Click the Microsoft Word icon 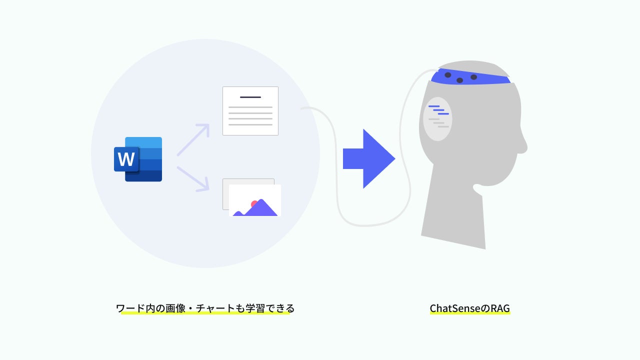[138, 159]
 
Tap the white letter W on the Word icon [126, 159]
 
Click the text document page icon [250, 111]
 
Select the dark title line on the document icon [250, 97]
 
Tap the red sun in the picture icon [254, 204]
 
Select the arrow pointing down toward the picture [193, 178]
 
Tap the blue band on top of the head [470, 77]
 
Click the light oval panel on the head [437, 119]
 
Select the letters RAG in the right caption [500, 308]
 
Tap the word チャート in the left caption [215, 308]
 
